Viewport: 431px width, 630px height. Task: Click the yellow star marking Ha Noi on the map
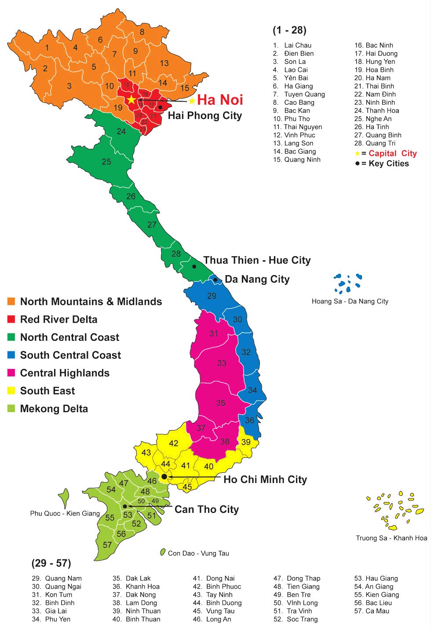131,99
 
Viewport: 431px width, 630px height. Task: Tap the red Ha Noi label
220,100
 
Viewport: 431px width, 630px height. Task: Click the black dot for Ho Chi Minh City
164,477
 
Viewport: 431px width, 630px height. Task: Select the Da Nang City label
257,279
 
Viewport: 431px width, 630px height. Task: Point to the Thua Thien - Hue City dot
194,266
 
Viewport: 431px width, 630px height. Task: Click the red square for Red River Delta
11,319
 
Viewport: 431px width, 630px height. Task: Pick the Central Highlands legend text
65,373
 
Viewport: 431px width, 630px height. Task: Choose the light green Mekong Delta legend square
11,409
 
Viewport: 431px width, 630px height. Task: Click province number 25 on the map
106,162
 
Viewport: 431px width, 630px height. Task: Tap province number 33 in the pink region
222,363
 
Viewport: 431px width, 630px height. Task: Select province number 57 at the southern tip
107,545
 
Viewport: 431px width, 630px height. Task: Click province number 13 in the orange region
164,63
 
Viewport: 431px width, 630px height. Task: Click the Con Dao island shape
163,552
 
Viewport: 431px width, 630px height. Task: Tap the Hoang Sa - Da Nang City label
350,301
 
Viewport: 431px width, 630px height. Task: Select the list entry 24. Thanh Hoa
376,111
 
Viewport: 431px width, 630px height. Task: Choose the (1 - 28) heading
289,30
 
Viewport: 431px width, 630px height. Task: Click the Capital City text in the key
392,153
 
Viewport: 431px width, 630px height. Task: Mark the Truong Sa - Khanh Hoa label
391,538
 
